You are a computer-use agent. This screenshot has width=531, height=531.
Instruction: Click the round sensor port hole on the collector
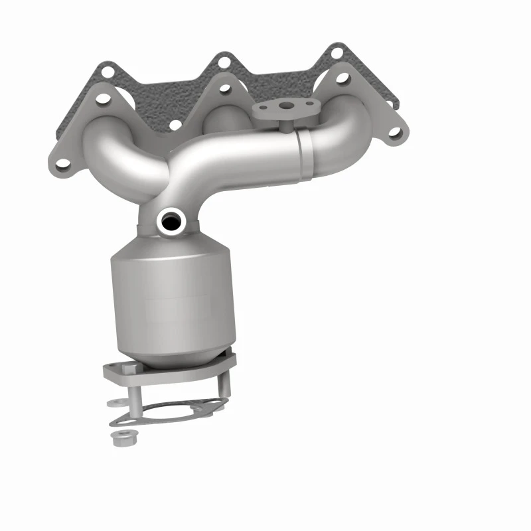tap(171, 220)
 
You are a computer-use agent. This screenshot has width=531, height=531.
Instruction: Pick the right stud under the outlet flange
tap(224, 388)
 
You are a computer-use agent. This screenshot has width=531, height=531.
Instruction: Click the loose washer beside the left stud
tap(114, 402)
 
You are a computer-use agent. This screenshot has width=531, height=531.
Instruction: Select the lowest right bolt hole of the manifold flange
tap(394, 132)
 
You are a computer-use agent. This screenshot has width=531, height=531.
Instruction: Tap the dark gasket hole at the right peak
tap(337, 51)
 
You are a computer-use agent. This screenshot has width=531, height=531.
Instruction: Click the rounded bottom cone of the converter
tap(174, 355)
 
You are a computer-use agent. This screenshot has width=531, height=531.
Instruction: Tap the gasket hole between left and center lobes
tap(175, 123)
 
